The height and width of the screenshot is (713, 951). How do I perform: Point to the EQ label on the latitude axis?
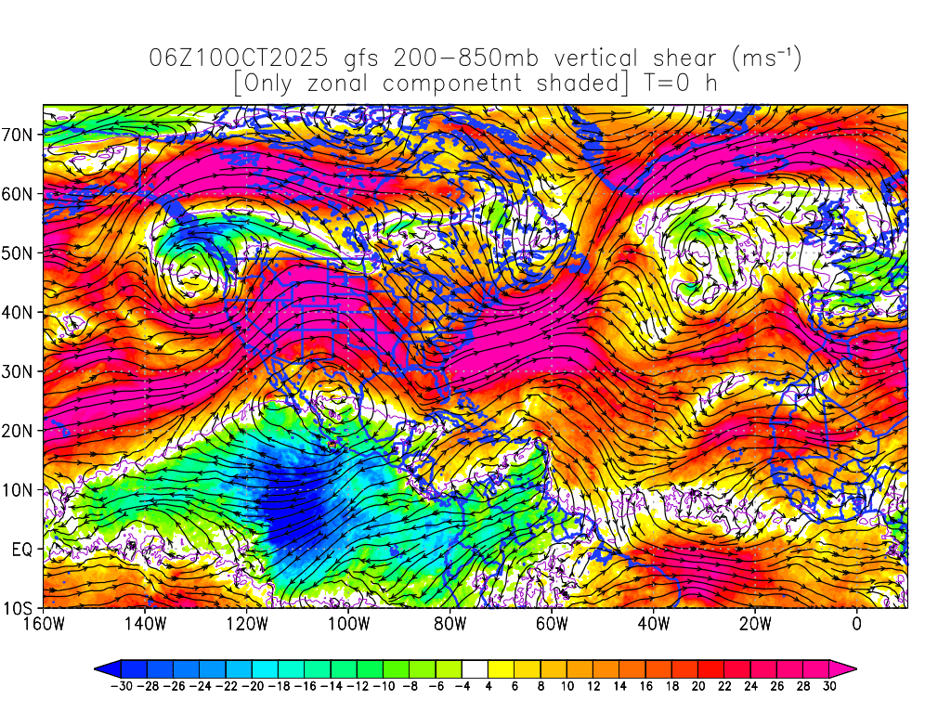tap(22, 550)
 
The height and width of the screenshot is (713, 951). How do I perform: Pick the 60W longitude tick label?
tap(552, 624)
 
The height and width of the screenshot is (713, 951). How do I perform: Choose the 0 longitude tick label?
tap(856, 624)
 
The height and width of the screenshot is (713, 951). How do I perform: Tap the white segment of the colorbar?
tap(474, 668)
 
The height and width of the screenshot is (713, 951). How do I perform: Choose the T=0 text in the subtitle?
tap(661, 83)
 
